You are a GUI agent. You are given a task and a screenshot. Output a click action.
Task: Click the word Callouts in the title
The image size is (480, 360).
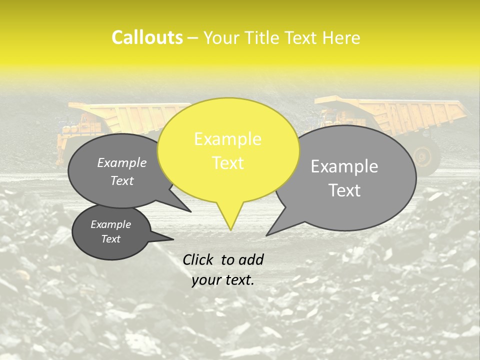click(147, 37)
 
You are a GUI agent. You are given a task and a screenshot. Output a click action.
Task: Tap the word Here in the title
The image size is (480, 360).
click(342, 38)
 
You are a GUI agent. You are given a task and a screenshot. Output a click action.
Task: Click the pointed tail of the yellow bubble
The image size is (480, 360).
click(230, 220)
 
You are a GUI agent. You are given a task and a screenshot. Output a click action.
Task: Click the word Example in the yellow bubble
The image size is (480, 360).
click(227, 139)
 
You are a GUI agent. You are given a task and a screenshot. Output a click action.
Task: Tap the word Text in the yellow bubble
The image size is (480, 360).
click(228, 163)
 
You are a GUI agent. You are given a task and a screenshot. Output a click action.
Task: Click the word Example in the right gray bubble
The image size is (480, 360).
click(344, 166)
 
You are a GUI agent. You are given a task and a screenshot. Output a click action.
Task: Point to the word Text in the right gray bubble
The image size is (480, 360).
click(345, 190)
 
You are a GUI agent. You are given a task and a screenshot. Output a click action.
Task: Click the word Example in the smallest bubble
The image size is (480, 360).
click(110, 224)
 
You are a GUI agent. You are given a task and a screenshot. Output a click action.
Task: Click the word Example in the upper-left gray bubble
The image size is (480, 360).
click(121, 162)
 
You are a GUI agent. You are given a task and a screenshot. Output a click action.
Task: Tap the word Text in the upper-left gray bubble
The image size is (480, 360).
click(121, 180)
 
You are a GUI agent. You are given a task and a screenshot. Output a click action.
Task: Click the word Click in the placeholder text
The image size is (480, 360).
click(198, 259)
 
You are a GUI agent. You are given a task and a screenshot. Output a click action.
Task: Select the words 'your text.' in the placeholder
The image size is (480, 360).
click(222, 280)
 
